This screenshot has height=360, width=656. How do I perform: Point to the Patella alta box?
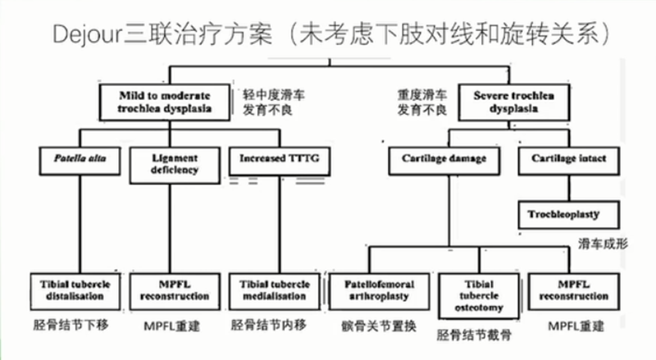(x=79, y=159)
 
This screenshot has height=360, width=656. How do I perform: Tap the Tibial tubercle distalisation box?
(x=79, y=289)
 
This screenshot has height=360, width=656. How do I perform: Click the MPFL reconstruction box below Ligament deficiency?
(x=175, y=289)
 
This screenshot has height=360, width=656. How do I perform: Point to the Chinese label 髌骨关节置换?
(x=377, y=326)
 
